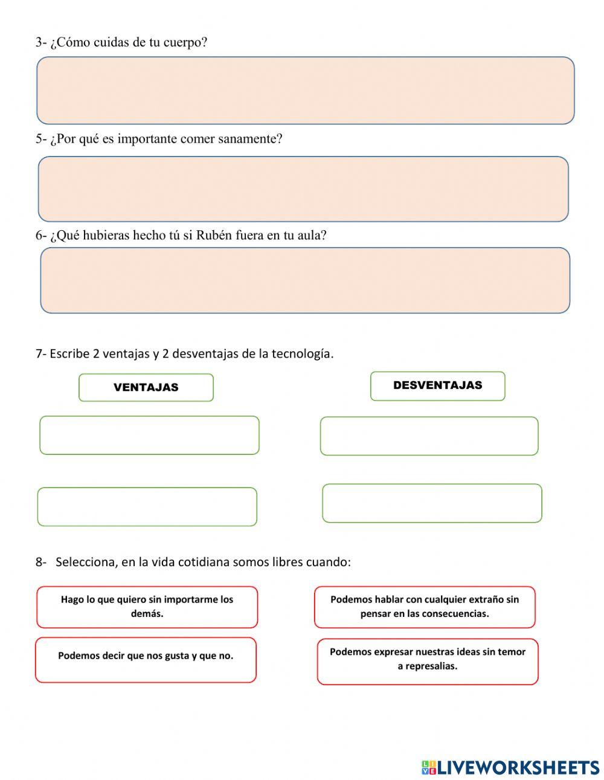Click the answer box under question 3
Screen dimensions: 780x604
tap(305, 91)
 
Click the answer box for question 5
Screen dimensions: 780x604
tap(303, 189)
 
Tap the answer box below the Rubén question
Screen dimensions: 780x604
tap(305, 280)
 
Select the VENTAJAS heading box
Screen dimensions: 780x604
tap(146, 388)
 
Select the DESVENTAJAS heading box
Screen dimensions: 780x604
tap(437, 386)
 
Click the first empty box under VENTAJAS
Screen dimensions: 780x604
tap(149, 435)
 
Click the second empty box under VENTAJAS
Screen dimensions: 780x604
tap(147, 507)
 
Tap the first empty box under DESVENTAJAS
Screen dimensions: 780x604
tap(429, 436)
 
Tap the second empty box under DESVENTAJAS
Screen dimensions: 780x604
tap(432, 503)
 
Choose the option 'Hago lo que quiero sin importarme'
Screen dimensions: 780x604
tap(147, 607)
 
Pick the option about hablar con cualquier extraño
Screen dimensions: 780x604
tap(425, 607)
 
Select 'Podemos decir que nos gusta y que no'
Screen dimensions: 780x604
tap(146, 660)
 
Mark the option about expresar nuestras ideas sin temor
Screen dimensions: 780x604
tap(428, 662)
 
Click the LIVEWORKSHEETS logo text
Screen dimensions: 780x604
tap(518, 767)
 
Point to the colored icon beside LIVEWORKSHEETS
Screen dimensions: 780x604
tap(429, 767)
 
